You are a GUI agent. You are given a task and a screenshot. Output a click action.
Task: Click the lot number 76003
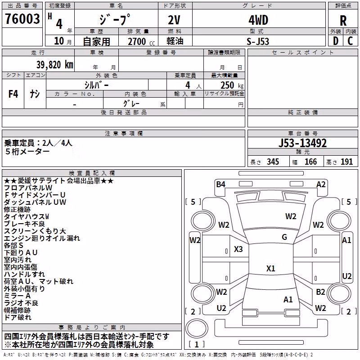[22, 18]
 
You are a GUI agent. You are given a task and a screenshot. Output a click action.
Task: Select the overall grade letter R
[343, 20]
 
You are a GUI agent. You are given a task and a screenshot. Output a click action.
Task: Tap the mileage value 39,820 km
[54, 65]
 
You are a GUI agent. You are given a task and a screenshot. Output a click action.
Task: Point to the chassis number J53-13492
[302, 143]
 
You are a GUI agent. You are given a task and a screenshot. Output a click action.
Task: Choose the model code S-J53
[257, 41]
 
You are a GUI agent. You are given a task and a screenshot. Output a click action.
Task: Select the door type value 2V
[174, 20]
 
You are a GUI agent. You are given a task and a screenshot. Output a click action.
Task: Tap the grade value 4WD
[258, 20]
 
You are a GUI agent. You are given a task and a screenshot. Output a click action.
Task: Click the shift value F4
[13, 94]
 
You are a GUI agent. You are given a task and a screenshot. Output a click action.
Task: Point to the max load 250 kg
[232, 85]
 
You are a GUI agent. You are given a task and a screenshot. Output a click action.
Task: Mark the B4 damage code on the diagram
[220, 184]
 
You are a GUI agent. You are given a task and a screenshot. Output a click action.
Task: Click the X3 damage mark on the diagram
[238, 249]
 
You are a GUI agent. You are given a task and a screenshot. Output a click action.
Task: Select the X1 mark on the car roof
[271, 268]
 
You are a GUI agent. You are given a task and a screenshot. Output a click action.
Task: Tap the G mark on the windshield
[284, 237]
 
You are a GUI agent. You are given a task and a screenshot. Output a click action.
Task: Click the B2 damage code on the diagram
[320, 292]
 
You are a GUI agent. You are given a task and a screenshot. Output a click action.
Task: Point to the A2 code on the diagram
[321, 184]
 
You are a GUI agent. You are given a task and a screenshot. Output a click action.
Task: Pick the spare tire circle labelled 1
[197, 328]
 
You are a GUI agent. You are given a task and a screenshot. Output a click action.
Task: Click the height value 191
[346, 162]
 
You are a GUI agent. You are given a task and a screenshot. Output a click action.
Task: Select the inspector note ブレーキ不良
[24, 224]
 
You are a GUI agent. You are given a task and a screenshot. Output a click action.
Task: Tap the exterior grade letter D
[336, 41]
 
